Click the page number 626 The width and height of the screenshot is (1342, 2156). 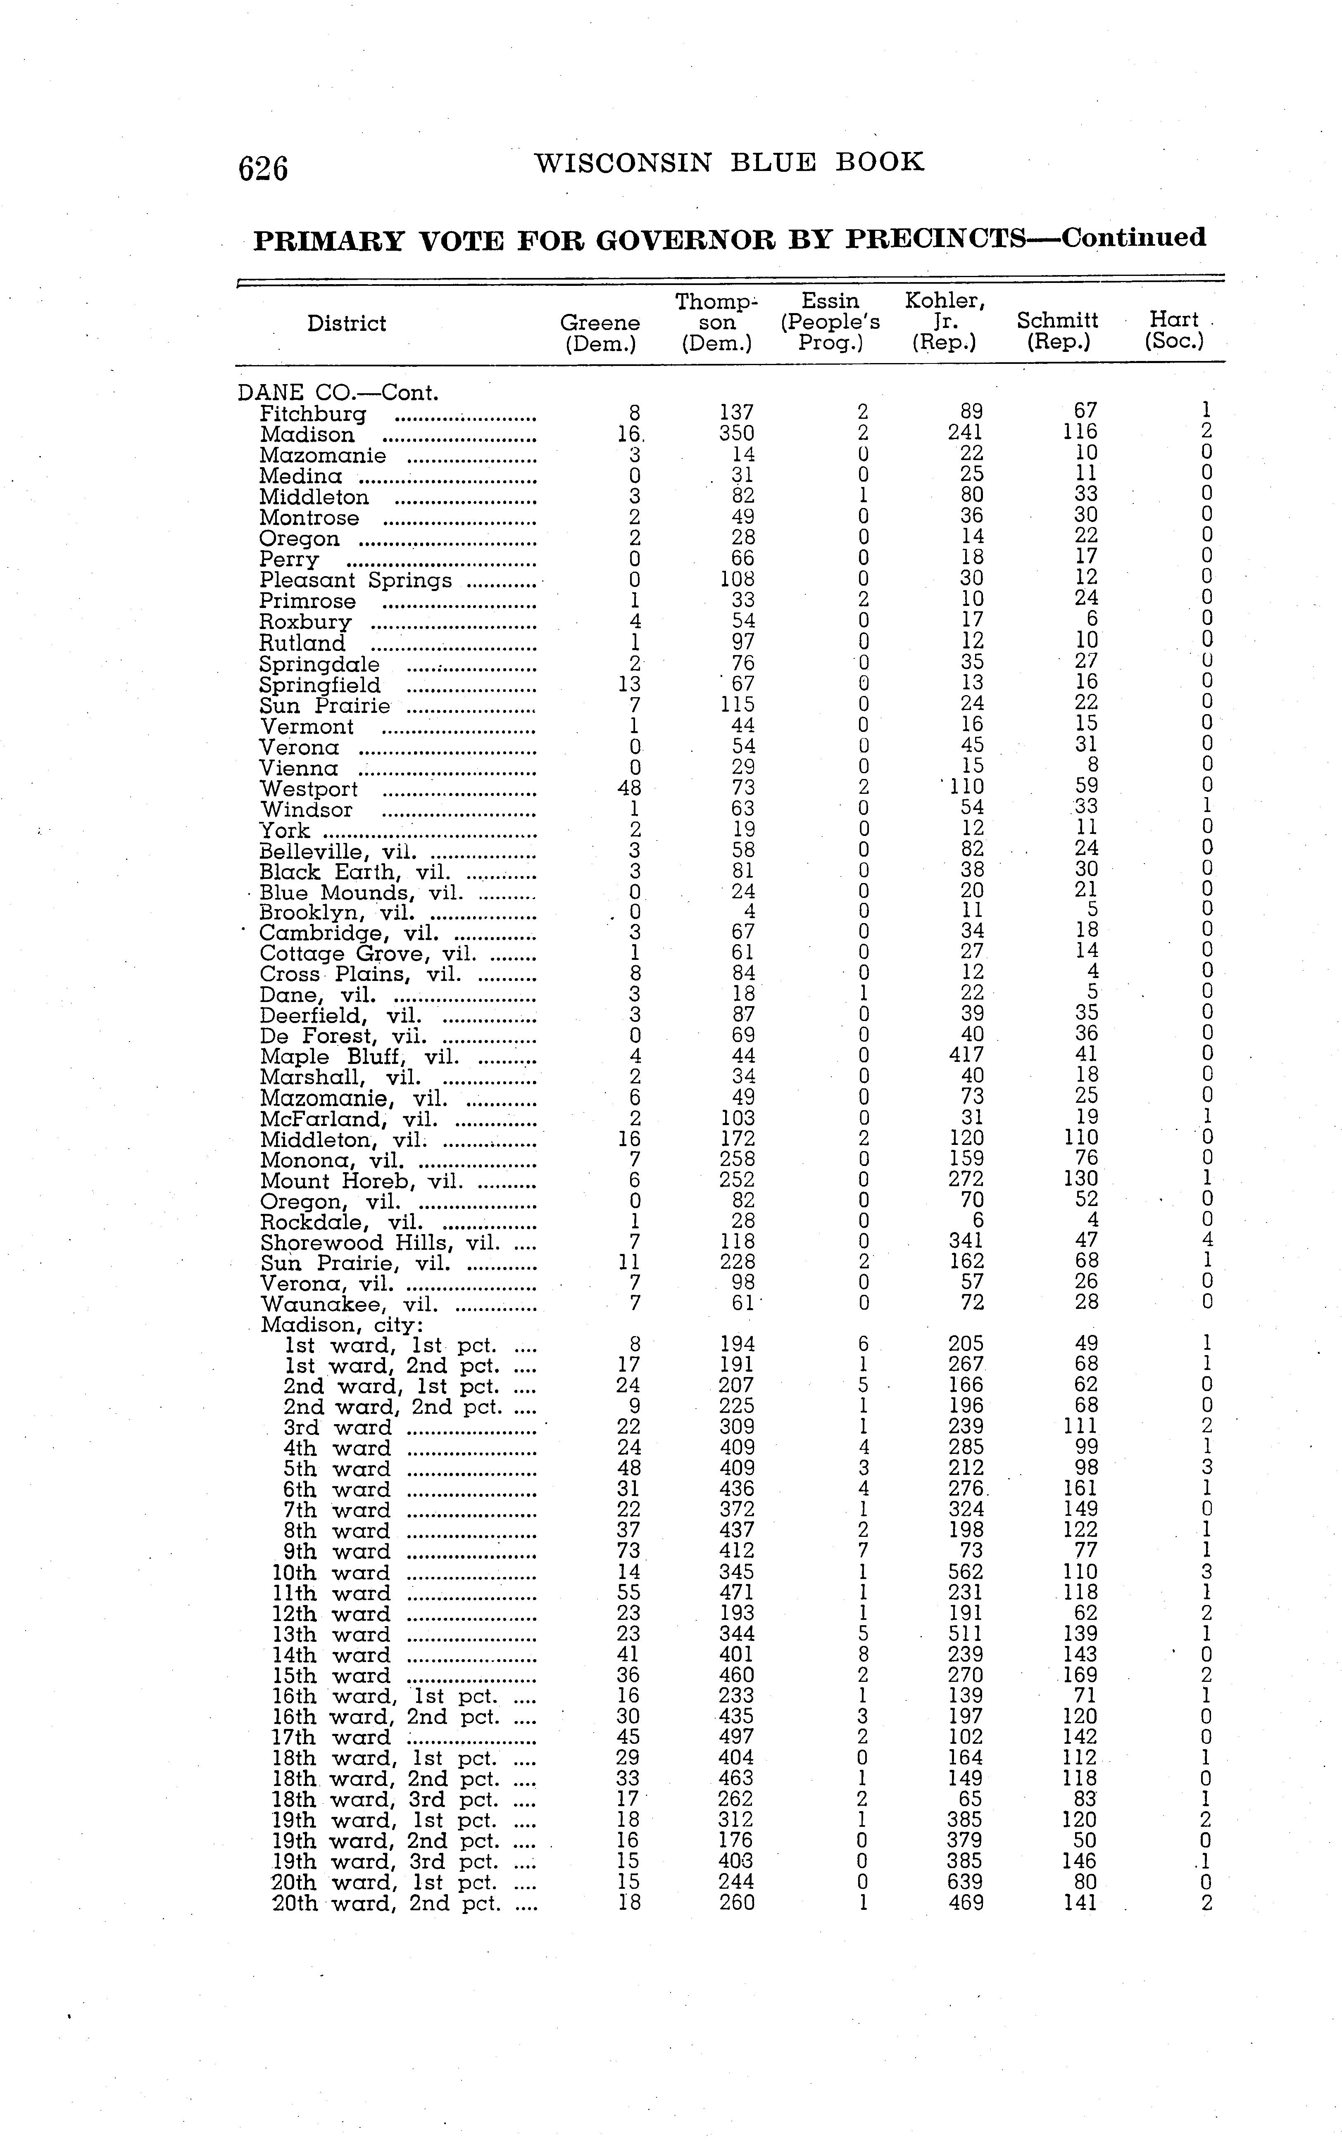tap(263, 168)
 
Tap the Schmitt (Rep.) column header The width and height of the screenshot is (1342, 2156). tap(1057, 331)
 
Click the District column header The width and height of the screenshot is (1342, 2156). tap(346, 323)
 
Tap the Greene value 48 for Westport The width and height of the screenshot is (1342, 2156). tap(629, 788)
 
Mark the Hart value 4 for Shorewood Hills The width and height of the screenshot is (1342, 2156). tap(1206, 1240)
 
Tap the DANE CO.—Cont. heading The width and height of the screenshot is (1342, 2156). tap(338, 392)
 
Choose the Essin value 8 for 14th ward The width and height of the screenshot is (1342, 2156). tap(863, 1655)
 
